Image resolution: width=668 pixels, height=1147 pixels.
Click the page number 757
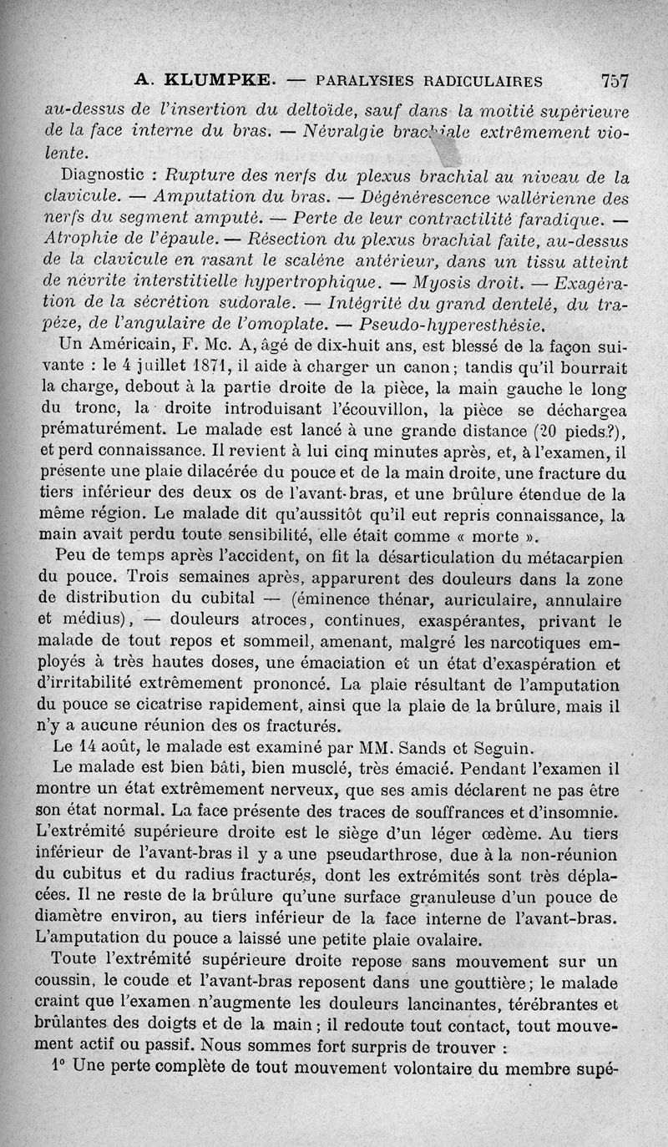(614, 81)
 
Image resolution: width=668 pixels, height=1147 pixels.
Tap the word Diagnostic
(106, 177)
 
